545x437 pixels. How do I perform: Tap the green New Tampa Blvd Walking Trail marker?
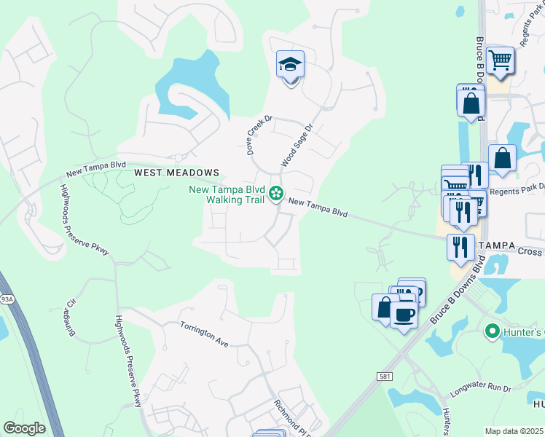276,194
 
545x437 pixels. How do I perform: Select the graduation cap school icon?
290,66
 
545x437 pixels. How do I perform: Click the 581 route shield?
385,376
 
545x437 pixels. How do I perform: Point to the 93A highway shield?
7,299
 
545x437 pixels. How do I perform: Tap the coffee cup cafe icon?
403,315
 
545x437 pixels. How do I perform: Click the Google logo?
23,428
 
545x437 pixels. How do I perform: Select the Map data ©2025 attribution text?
514,431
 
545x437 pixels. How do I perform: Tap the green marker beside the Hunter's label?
491,332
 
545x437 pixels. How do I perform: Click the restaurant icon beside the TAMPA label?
460,247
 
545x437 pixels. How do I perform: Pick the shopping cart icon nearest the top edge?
500,60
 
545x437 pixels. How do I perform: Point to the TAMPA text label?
495,246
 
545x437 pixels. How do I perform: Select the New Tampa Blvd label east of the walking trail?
318,208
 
